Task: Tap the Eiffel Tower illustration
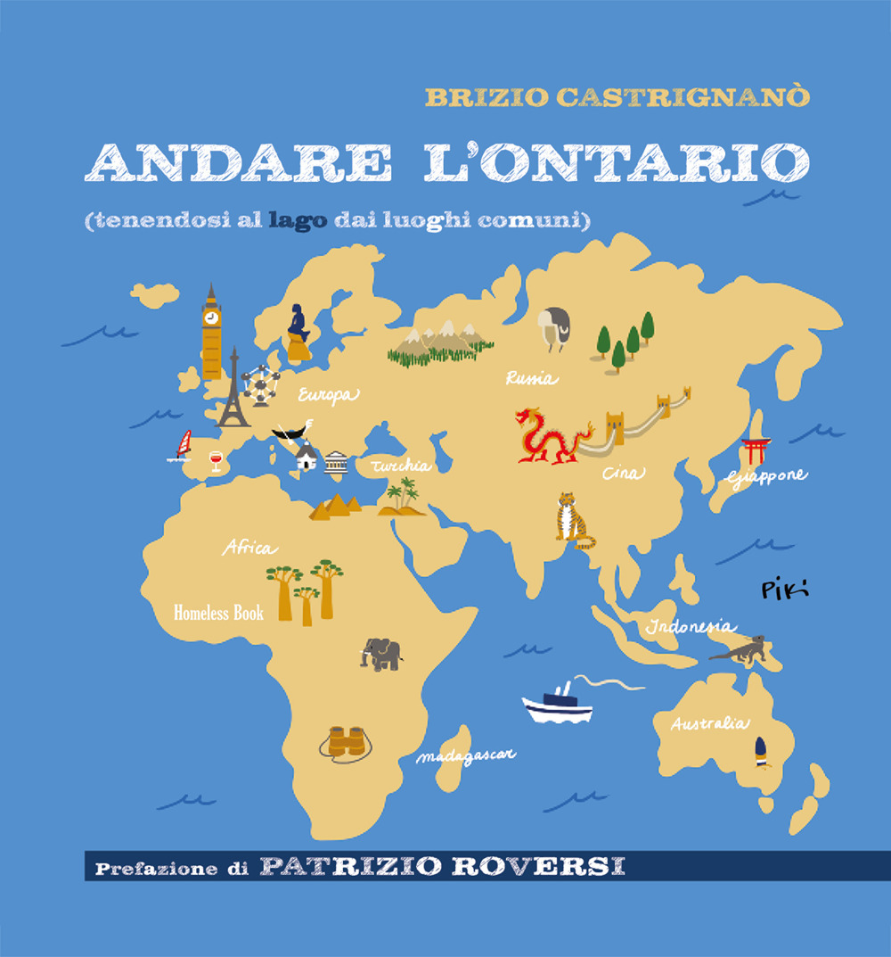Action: [x=233, y=392]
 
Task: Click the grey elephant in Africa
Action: [x=381, y=654]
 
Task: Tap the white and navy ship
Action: [x=558, y=705]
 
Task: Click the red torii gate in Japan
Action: [x=756, y=450]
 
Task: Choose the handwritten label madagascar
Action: [x=466, y=756]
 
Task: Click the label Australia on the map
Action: [x=709, y=723]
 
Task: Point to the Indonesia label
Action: [x=691, y=626]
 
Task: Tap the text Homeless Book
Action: [x=218, y=613]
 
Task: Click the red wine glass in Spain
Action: [x=215, y=460]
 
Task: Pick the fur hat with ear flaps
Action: [x=554, y=327]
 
